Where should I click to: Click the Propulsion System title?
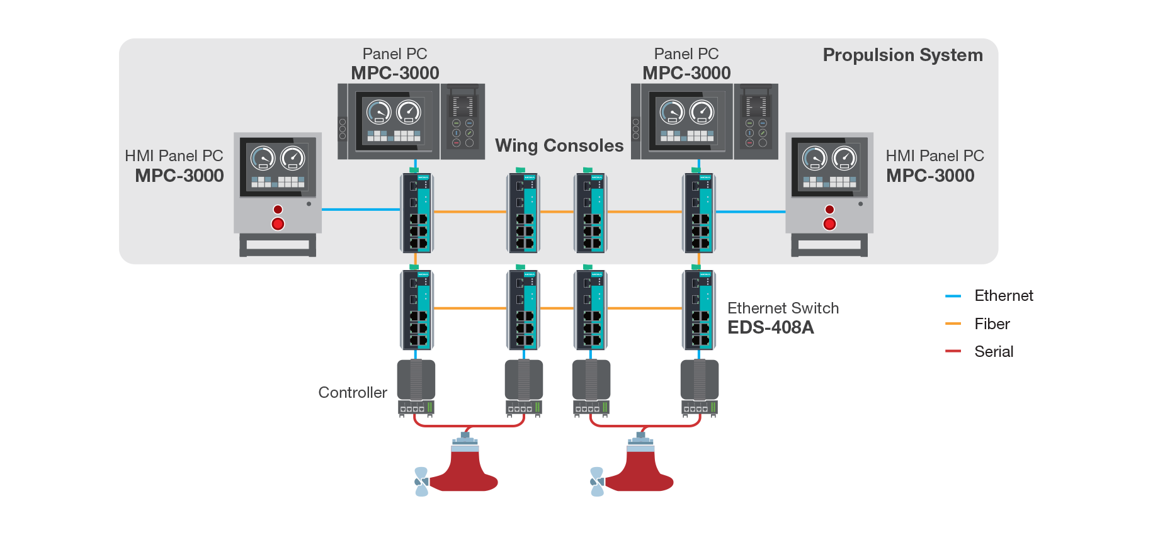tap(902, 55)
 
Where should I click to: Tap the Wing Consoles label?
tap(559, 146)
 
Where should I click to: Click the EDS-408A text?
tap(770, 327)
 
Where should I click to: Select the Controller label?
tap(352, 393)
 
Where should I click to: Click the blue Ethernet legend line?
tap(952, 296)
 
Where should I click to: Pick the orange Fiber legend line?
tap(952, 324)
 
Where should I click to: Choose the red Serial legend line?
tap(952, 351)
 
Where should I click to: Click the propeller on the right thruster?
tap(596, 481)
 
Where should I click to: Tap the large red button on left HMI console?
tap(278, 224)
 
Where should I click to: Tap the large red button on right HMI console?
tap(829, 224)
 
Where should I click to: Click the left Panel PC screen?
tap(394, 120)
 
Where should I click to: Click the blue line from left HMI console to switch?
tap(360, 210)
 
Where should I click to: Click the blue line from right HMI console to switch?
tap(751, 212)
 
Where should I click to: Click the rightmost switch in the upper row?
tap(699, 213)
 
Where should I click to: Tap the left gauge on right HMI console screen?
tap(814, 158)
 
